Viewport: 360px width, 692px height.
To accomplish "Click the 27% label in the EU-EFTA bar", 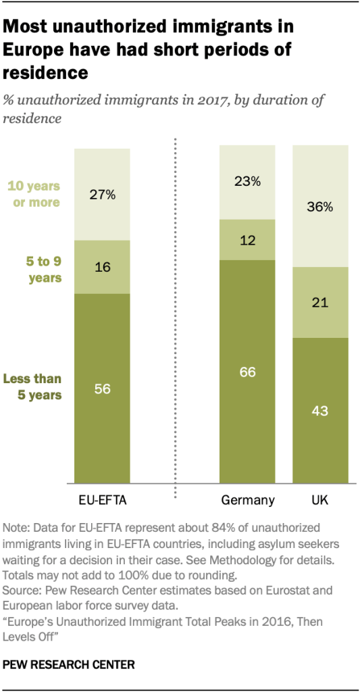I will (102, 195).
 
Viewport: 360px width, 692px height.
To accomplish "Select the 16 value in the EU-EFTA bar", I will (102, 267).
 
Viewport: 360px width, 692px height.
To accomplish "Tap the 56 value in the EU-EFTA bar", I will (102, 389).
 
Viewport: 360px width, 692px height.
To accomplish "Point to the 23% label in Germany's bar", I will (247, 181).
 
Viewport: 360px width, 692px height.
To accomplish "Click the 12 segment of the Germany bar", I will (247, 240).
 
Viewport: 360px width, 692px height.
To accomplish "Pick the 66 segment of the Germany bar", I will (247, 372).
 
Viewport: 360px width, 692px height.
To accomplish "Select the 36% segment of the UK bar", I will (320, 207).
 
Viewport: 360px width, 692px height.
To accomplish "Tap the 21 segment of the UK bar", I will (320, 302).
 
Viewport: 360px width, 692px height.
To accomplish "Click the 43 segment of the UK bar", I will (320, 410).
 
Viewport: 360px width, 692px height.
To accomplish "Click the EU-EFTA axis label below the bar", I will (102, 501).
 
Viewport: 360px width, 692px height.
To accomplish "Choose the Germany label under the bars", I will (247, 501).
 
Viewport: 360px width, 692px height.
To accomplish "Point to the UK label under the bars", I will (320, 501).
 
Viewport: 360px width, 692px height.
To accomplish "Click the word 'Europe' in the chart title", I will (30, 49).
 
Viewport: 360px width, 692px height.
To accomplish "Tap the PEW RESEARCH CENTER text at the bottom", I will (69, 665).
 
